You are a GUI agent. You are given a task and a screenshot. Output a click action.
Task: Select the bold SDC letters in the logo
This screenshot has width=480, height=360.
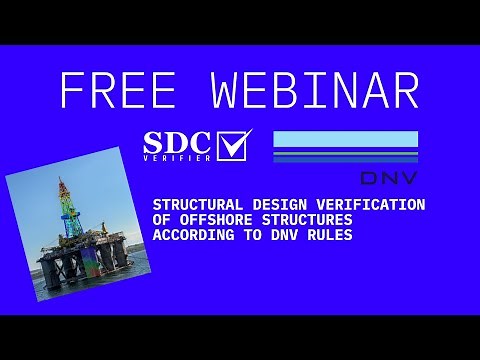point(179,141)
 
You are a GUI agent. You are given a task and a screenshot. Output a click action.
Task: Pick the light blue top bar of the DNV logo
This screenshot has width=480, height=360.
point(345,139)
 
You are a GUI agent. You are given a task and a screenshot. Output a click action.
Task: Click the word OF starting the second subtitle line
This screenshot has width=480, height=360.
point(160,220)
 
